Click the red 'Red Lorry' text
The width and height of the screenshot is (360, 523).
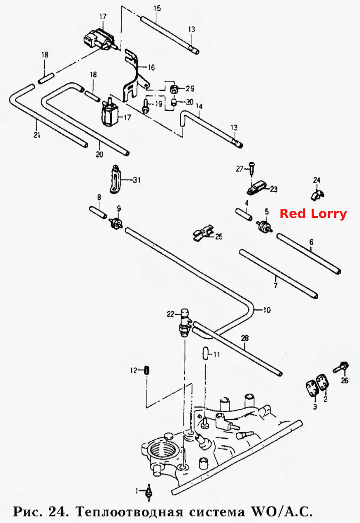313,214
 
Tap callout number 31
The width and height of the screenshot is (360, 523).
137,180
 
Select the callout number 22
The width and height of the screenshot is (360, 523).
170,314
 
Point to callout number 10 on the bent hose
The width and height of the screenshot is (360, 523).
267,310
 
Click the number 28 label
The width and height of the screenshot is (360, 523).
245,338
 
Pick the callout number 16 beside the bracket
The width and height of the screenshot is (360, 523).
151,67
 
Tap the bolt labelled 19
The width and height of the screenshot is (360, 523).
145,107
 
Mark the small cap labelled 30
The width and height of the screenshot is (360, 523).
173,102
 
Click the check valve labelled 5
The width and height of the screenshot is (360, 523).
264,226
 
